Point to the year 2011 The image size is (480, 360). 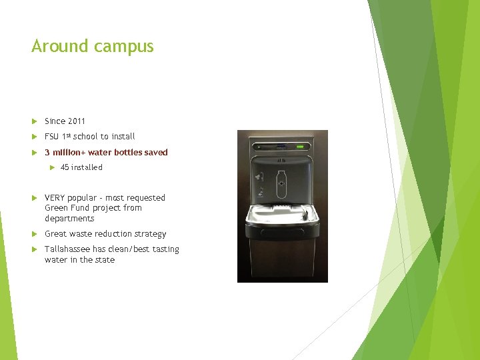pyautogui.click(x=76, y=121)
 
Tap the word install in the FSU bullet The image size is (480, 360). pyautogui.click(x=123, y=137)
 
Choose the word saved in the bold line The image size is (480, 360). pyautogui.click(x=156, y=153)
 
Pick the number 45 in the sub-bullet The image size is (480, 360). pyautogui.click(x=65, y=167)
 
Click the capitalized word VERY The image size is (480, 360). pyautogui.click(x=54, y=198)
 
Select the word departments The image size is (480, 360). pyautogui.click(x=69, y=219)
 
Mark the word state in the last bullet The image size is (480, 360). pyautogui.click(x=105, y=260)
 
